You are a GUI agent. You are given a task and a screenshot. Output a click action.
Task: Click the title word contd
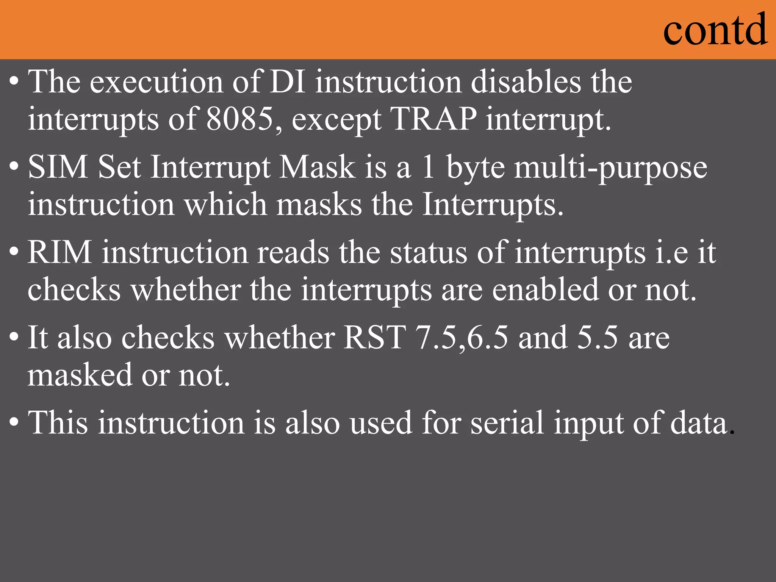[x=715, y=30]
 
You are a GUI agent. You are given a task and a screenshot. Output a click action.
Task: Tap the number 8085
[x=240, y=119]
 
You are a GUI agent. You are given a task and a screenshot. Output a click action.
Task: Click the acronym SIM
[x=58, y=167]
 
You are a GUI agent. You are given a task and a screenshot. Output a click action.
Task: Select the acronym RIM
[x=60, y=252]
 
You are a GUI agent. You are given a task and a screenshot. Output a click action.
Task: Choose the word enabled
[x=545, y=290]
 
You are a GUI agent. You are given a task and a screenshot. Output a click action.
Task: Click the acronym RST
[x=374, y=338]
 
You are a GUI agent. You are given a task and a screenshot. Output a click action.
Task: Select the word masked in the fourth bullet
[x=80, y=375]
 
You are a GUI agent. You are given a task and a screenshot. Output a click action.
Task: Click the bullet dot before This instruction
[x=14, y=421]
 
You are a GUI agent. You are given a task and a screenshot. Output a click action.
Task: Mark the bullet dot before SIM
[x=14, y=166]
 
